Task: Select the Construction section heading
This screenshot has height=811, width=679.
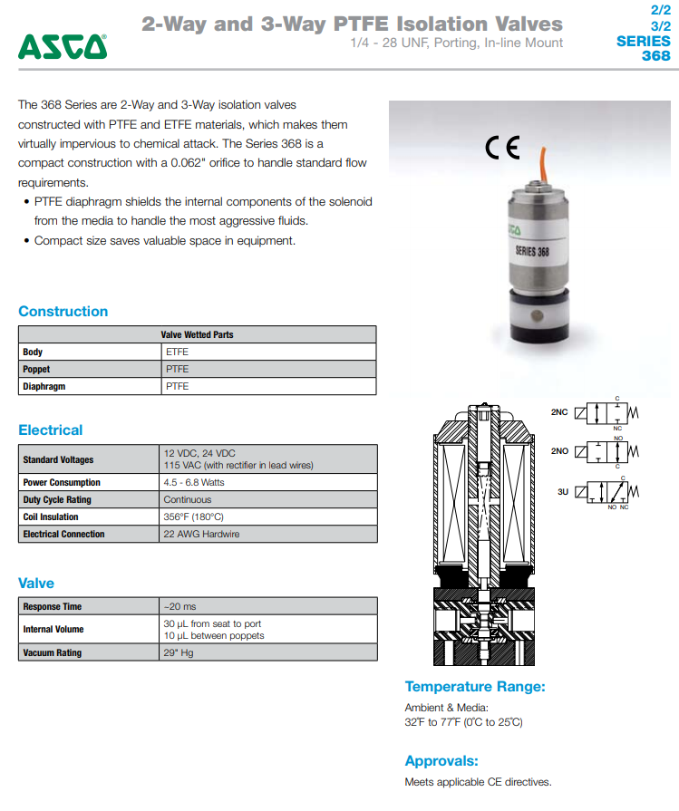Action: (63, 312)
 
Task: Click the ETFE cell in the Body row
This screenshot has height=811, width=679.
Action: (177, 352)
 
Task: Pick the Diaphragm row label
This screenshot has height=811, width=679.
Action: (44, 386)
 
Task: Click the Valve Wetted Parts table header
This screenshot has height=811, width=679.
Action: (197, 334)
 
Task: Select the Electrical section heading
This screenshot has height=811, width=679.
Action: (50, 430)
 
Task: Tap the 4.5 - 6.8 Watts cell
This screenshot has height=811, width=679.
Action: (194, 482)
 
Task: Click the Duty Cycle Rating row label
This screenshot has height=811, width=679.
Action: (57, 499)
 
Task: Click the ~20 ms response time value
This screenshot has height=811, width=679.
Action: (179, 606)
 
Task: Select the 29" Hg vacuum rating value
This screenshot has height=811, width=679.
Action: (179, 652)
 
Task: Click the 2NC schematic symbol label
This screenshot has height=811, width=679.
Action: (559, 411)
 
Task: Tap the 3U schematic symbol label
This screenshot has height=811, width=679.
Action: (562, 490)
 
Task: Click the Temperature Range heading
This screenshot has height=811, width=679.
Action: (475, 687)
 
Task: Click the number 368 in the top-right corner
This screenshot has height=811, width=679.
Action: (655, 56)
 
